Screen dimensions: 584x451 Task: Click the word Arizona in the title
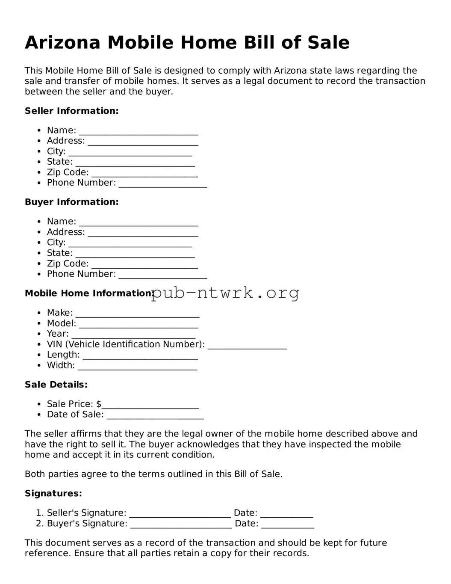coord(62,43)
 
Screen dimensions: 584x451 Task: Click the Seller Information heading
coord(71,111)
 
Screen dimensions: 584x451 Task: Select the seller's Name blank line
coord(139,131)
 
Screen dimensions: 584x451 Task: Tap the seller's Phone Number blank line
coord(163,184)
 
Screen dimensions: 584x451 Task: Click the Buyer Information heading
coord(71,202)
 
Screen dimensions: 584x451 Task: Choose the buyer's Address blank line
coord(143,233)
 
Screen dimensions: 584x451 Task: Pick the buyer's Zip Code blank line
coord(144,265)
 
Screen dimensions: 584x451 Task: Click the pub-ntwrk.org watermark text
coord(225,293)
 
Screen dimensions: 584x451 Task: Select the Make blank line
coord(137,314)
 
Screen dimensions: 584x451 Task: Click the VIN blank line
coord(247,346)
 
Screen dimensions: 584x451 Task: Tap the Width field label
coord(61,365)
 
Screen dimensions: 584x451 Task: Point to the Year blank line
coord(133,335)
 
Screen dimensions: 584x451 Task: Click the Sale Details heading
coord(56,385)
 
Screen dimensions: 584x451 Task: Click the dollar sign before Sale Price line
coord(99,404)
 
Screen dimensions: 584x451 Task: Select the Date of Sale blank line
coord(155,416)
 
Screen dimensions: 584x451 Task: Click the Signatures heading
coord(53,493)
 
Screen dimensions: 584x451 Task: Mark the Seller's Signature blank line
coord(180,514)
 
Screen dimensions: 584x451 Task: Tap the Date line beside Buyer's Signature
coord(288,525)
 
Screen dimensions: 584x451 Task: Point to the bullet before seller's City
coord(39,151)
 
